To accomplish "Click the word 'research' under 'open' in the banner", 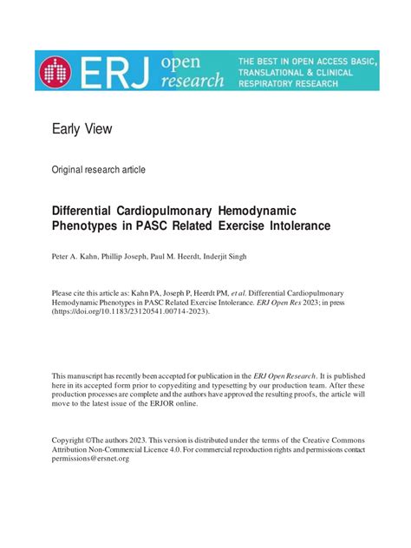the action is pyautogui.click(x=192, y=81).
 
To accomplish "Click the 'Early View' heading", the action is pyautogui.click(x=82, y=129).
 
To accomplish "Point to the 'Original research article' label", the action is pyautogui.click(x=99, y=170).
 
